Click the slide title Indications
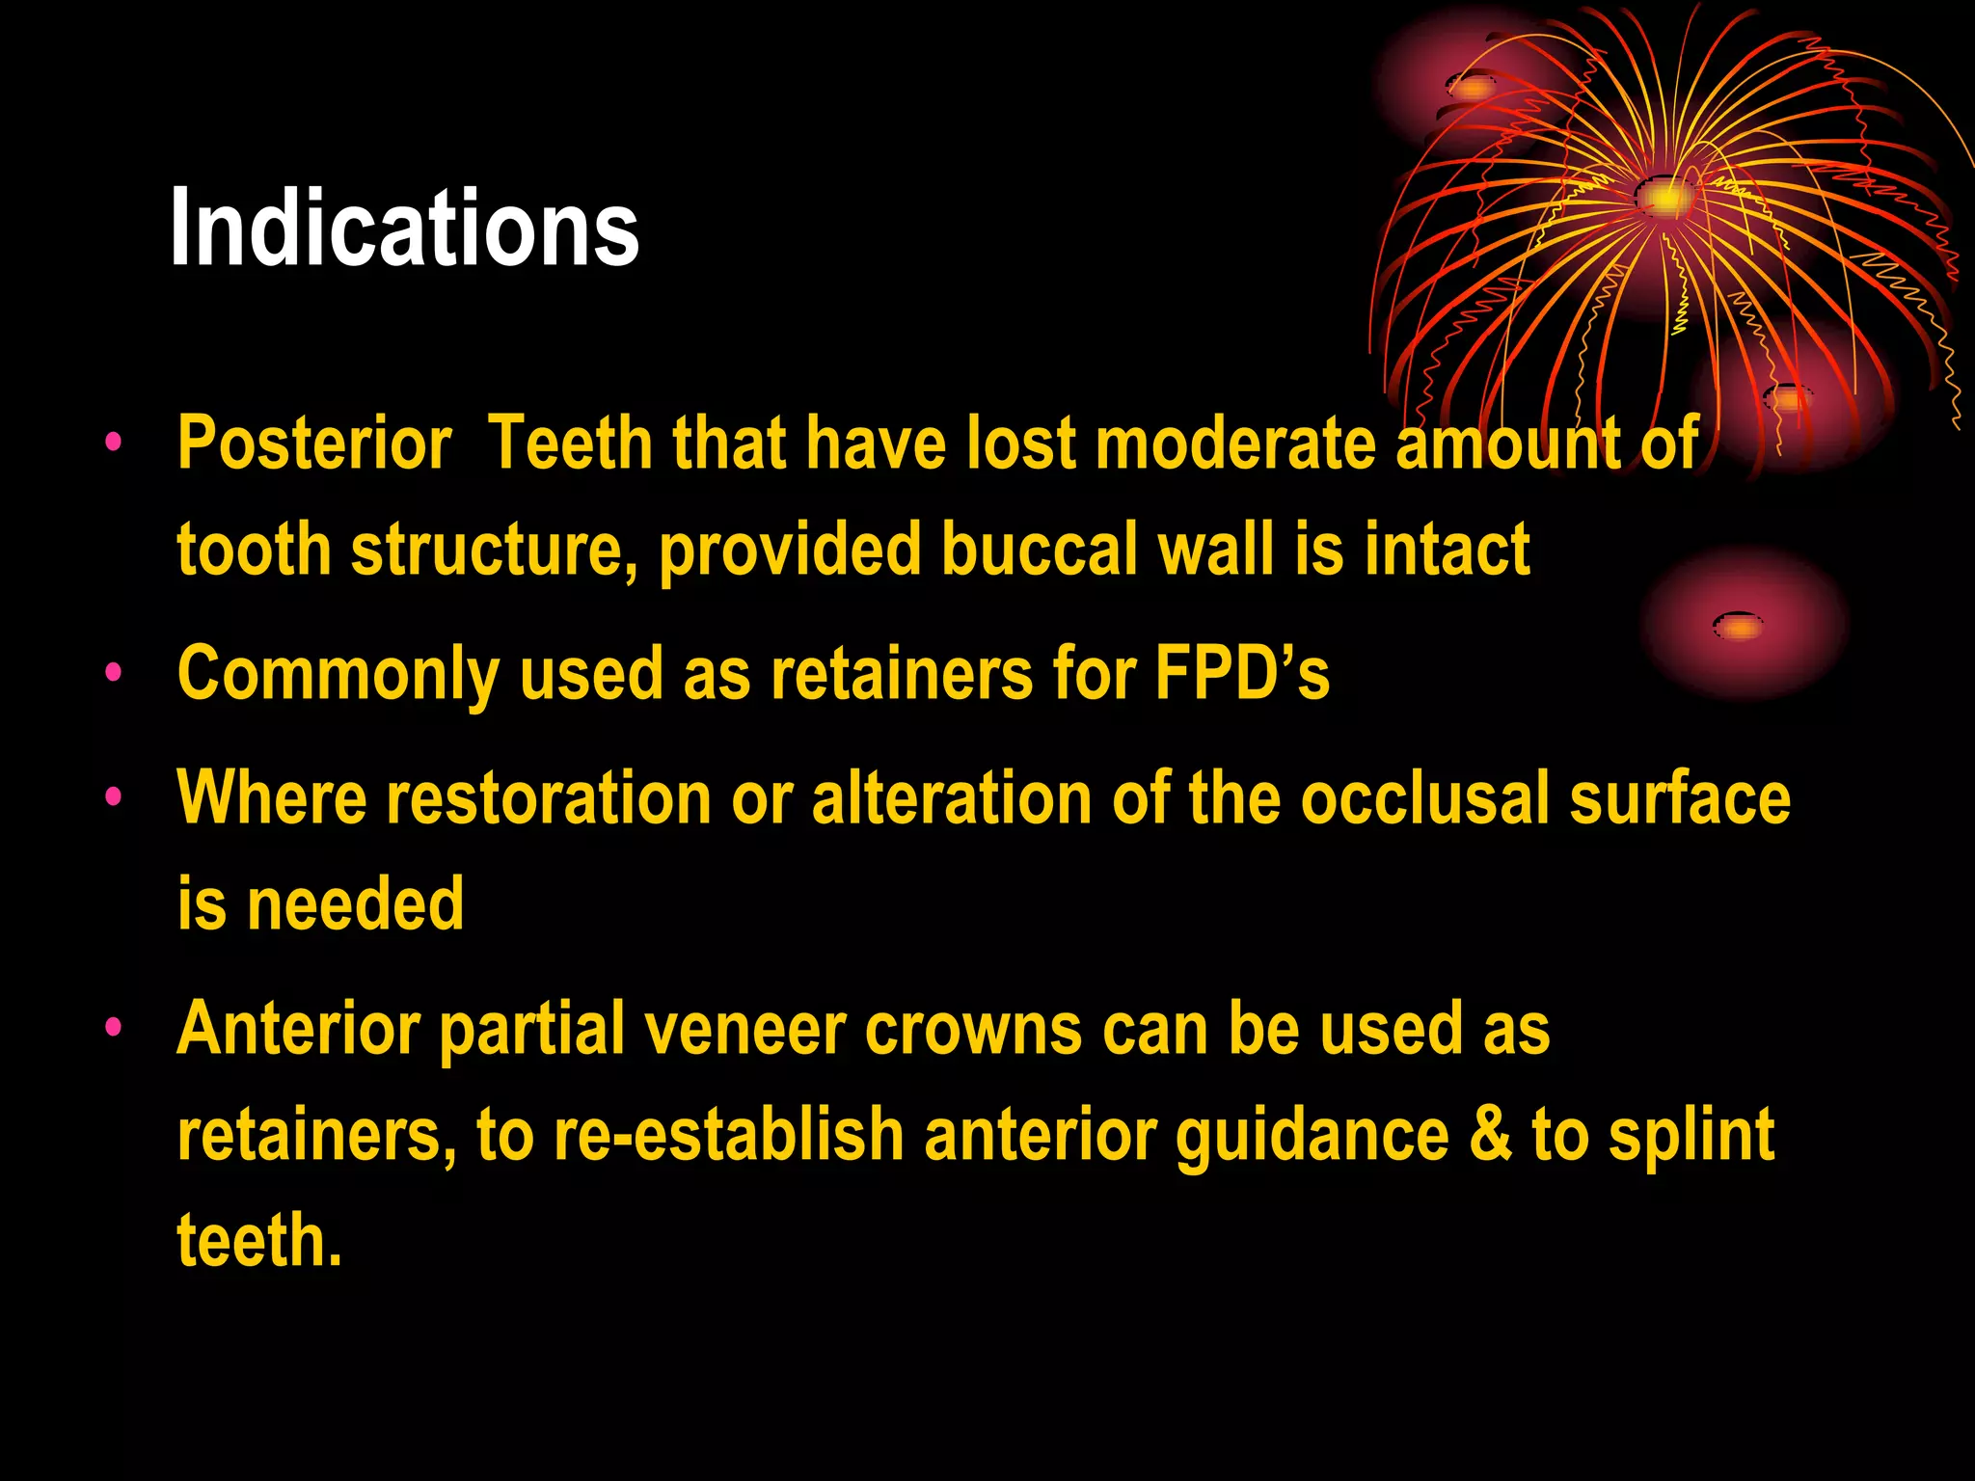click(x=404, y=229)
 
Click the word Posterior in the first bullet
click(x=314, y=444)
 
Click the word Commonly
click(x=338, y=674)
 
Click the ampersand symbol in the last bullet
click(x=1490, y=1135)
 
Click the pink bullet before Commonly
click(x=114, y=672)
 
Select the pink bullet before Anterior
click(x=114, y=1027)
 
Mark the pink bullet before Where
click(x=114, y=796)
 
